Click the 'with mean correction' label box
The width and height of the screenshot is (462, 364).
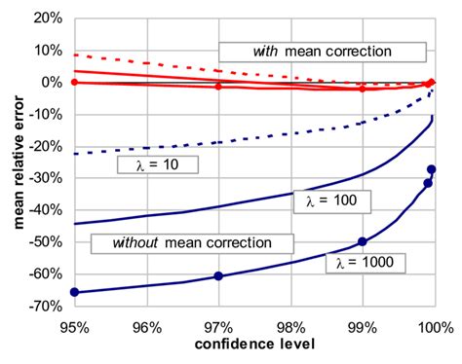tap(322, 51)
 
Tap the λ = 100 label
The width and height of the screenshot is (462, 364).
tap(318, 200)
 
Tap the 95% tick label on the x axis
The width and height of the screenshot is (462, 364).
tap(74, 327)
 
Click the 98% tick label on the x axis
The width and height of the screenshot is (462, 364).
tap(289, 327)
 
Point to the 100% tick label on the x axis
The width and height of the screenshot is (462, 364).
tap(433, 327)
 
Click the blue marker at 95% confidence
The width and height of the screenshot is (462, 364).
tap(74, 292)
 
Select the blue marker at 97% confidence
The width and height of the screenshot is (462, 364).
tap(218, 276)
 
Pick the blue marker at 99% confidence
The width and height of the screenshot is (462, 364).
tap(363, 241)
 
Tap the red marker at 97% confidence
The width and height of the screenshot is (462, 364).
tap(218, 87)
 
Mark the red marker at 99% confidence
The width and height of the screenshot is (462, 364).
tap(363, 89)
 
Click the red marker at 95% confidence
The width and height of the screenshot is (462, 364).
tap(74, 83)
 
